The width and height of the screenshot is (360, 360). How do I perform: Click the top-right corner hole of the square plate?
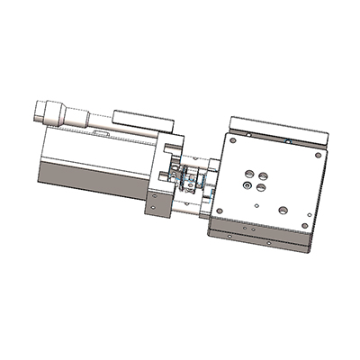[x=317, y=154]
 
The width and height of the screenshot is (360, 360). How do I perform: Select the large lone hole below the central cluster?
[x=283, y=209]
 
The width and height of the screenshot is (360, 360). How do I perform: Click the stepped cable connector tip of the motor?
[x=39, y=111]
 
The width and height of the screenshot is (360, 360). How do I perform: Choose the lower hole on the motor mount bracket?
[x=160, y=210]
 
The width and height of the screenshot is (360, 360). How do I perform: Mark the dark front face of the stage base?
[x=261, y=236]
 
